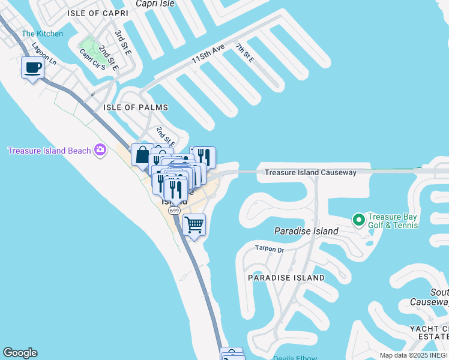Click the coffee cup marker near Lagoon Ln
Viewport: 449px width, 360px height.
[32, 67]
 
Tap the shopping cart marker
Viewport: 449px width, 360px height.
[194, 225]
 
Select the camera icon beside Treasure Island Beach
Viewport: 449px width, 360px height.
[100, 150]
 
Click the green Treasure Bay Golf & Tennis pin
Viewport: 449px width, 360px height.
[359, 220]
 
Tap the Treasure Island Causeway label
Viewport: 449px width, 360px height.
[310, 172]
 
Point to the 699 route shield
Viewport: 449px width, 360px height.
[175, 211]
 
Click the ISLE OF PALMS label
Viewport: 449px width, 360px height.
[136, 107]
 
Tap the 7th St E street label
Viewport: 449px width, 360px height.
[245, 53]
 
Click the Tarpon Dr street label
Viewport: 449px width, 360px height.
[269, 248]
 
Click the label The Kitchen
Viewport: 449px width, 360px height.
[42, 34]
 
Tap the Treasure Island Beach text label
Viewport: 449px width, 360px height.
[49, 151]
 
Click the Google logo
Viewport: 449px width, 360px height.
[20, 353]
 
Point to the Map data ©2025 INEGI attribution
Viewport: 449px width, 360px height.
[414, 355]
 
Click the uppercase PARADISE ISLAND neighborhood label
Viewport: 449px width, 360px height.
[287, 278]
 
